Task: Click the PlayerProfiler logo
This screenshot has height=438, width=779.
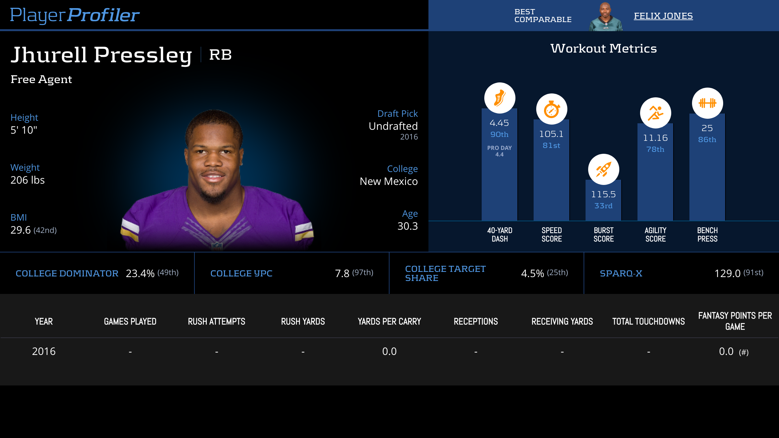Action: [x=75, y=15]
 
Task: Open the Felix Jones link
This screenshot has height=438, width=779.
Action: [x=663, y=16]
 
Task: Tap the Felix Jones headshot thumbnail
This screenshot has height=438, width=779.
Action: [x=606, y=17]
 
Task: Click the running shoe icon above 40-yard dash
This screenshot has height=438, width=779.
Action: [x=500, y=98]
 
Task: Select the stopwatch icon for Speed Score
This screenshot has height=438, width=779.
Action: [x=551, y=109]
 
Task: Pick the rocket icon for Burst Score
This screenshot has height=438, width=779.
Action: [x=603, y=169]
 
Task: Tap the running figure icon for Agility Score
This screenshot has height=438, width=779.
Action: [x=655, y=113]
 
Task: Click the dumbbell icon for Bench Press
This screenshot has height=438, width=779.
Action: [x=707, y=103]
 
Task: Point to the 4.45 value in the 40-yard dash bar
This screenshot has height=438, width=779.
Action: [x=499, y=123]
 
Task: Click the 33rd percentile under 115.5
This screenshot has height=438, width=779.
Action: [x=603, y=206]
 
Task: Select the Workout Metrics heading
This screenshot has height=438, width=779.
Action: [x=603, y=48]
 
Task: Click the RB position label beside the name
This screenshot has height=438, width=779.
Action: [x=220, y=55]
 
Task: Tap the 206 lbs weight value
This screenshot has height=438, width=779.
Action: [x=28, y=180]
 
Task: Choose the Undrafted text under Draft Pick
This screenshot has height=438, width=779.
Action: [x=393, y=126]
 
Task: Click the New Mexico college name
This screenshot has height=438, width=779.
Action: [x=389, y=181]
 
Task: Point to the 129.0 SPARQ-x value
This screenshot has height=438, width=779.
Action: [x=727, y=274]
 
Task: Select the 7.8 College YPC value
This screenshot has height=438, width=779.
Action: [x=342, y=274]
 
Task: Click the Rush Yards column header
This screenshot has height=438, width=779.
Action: [x=303, y=322]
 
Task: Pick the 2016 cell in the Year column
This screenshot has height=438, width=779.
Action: [x=44, y=351]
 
